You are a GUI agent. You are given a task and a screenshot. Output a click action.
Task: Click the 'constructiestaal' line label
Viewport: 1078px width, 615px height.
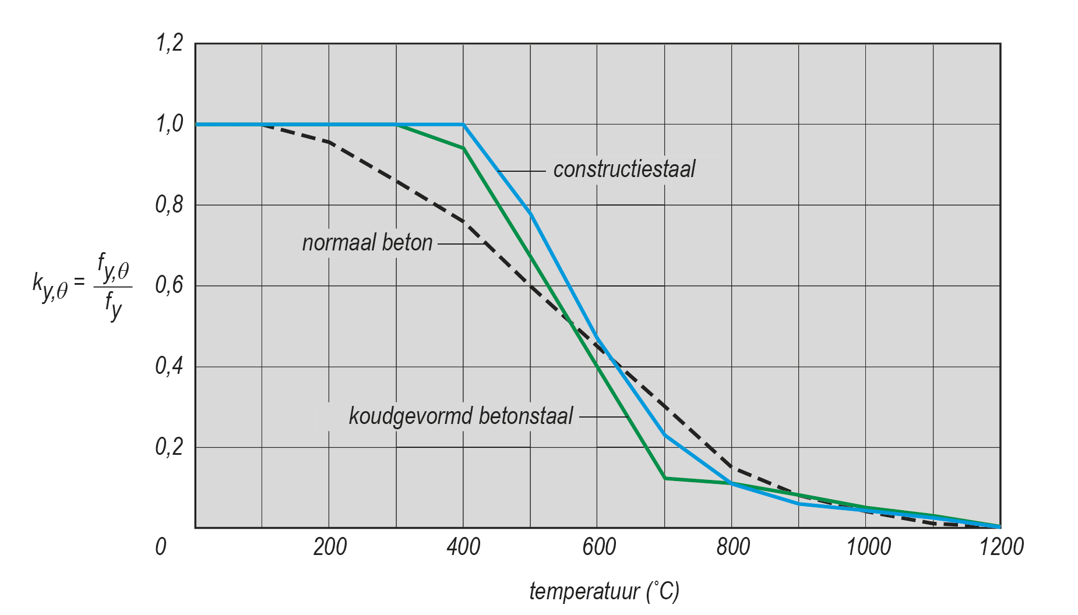pyautogui.click(x=624, y=169)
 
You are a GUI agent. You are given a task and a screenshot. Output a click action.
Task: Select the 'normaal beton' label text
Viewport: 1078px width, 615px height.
pyautogui.click(x=367, y=243)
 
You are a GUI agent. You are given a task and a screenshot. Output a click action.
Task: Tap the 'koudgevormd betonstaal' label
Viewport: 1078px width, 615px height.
pyautogui.click(x=461, y=416)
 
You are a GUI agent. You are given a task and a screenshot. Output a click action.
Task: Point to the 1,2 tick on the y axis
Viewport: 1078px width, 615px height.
pyautogui.click(x=170, y=43)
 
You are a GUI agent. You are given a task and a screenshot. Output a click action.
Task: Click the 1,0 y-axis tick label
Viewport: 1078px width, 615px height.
pyautogui.click(x=170, y=124)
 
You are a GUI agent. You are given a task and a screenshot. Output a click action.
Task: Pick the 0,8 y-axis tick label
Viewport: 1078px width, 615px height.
pyautogui.click(x=170, y=205)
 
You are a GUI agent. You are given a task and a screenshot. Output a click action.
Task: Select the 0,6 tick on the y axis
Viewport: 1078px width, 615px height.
pyautogui.click(x=170, y=285)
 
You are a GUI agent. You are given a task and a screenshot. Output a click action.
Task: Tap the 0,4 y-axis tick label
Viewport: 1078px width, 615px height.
pyautogui.click(x=170, y=366)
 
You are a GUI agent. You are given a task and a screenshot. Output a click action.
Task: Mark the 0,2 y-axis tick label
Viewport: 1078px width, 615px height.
pyautogui.click(x=170, y=447)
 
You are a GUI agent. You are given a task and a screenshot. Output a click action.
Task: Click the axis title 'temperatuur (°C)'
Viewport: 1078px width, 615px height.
pyautogui.click(x=604, y=591)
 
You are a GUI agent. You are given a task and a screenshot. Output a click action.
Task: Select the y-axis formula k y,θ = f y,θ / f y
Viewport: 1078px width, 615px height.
pyautogui.click(x=82, y=285)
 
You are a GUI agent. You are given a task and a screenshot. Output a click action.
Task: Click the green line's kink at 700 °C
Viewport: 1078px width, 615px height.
pyautogui.click(x=665, y=478)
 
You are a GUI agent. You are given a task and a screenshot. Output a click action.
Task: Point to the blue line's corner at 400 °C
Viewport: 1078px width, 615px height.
pyautogui.click(x=463, y=124)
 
